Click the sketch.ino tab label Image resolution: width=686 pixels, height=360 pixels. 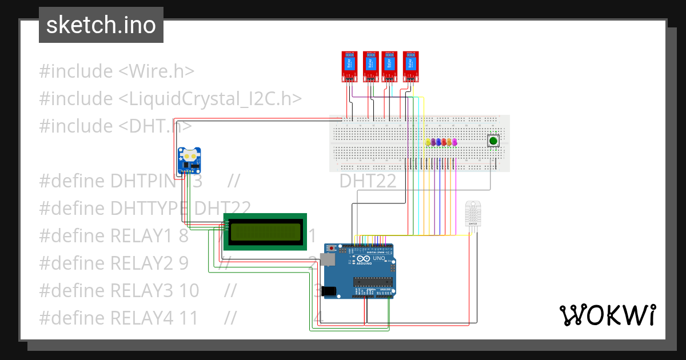click(x=101, y=25)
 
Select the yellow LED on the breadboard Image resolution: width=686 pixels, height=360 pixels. click(x=428, y=142)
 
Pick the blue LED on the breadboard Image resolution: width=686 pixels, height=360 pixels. click(x=438, y=142)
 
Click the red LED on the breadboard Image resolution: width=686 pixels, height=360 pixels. click(x=444, y=142)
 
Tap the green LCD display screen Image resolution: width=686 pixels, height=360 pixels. click(x=265, y=231)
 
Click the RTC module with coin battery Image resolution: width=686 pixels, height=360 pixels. click(x=189, y=160)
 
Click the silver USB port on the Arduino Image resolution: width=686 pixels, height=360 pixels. click(x=329, y=260)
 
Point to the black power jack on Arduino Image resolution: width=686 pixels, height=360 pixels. click(x=329, y=291)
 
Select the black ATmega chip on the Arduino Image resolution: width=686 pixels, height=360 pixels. click(x=373, y=281)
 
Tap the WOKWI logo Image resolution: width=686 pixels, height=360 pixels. click(x=607, y=315)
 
